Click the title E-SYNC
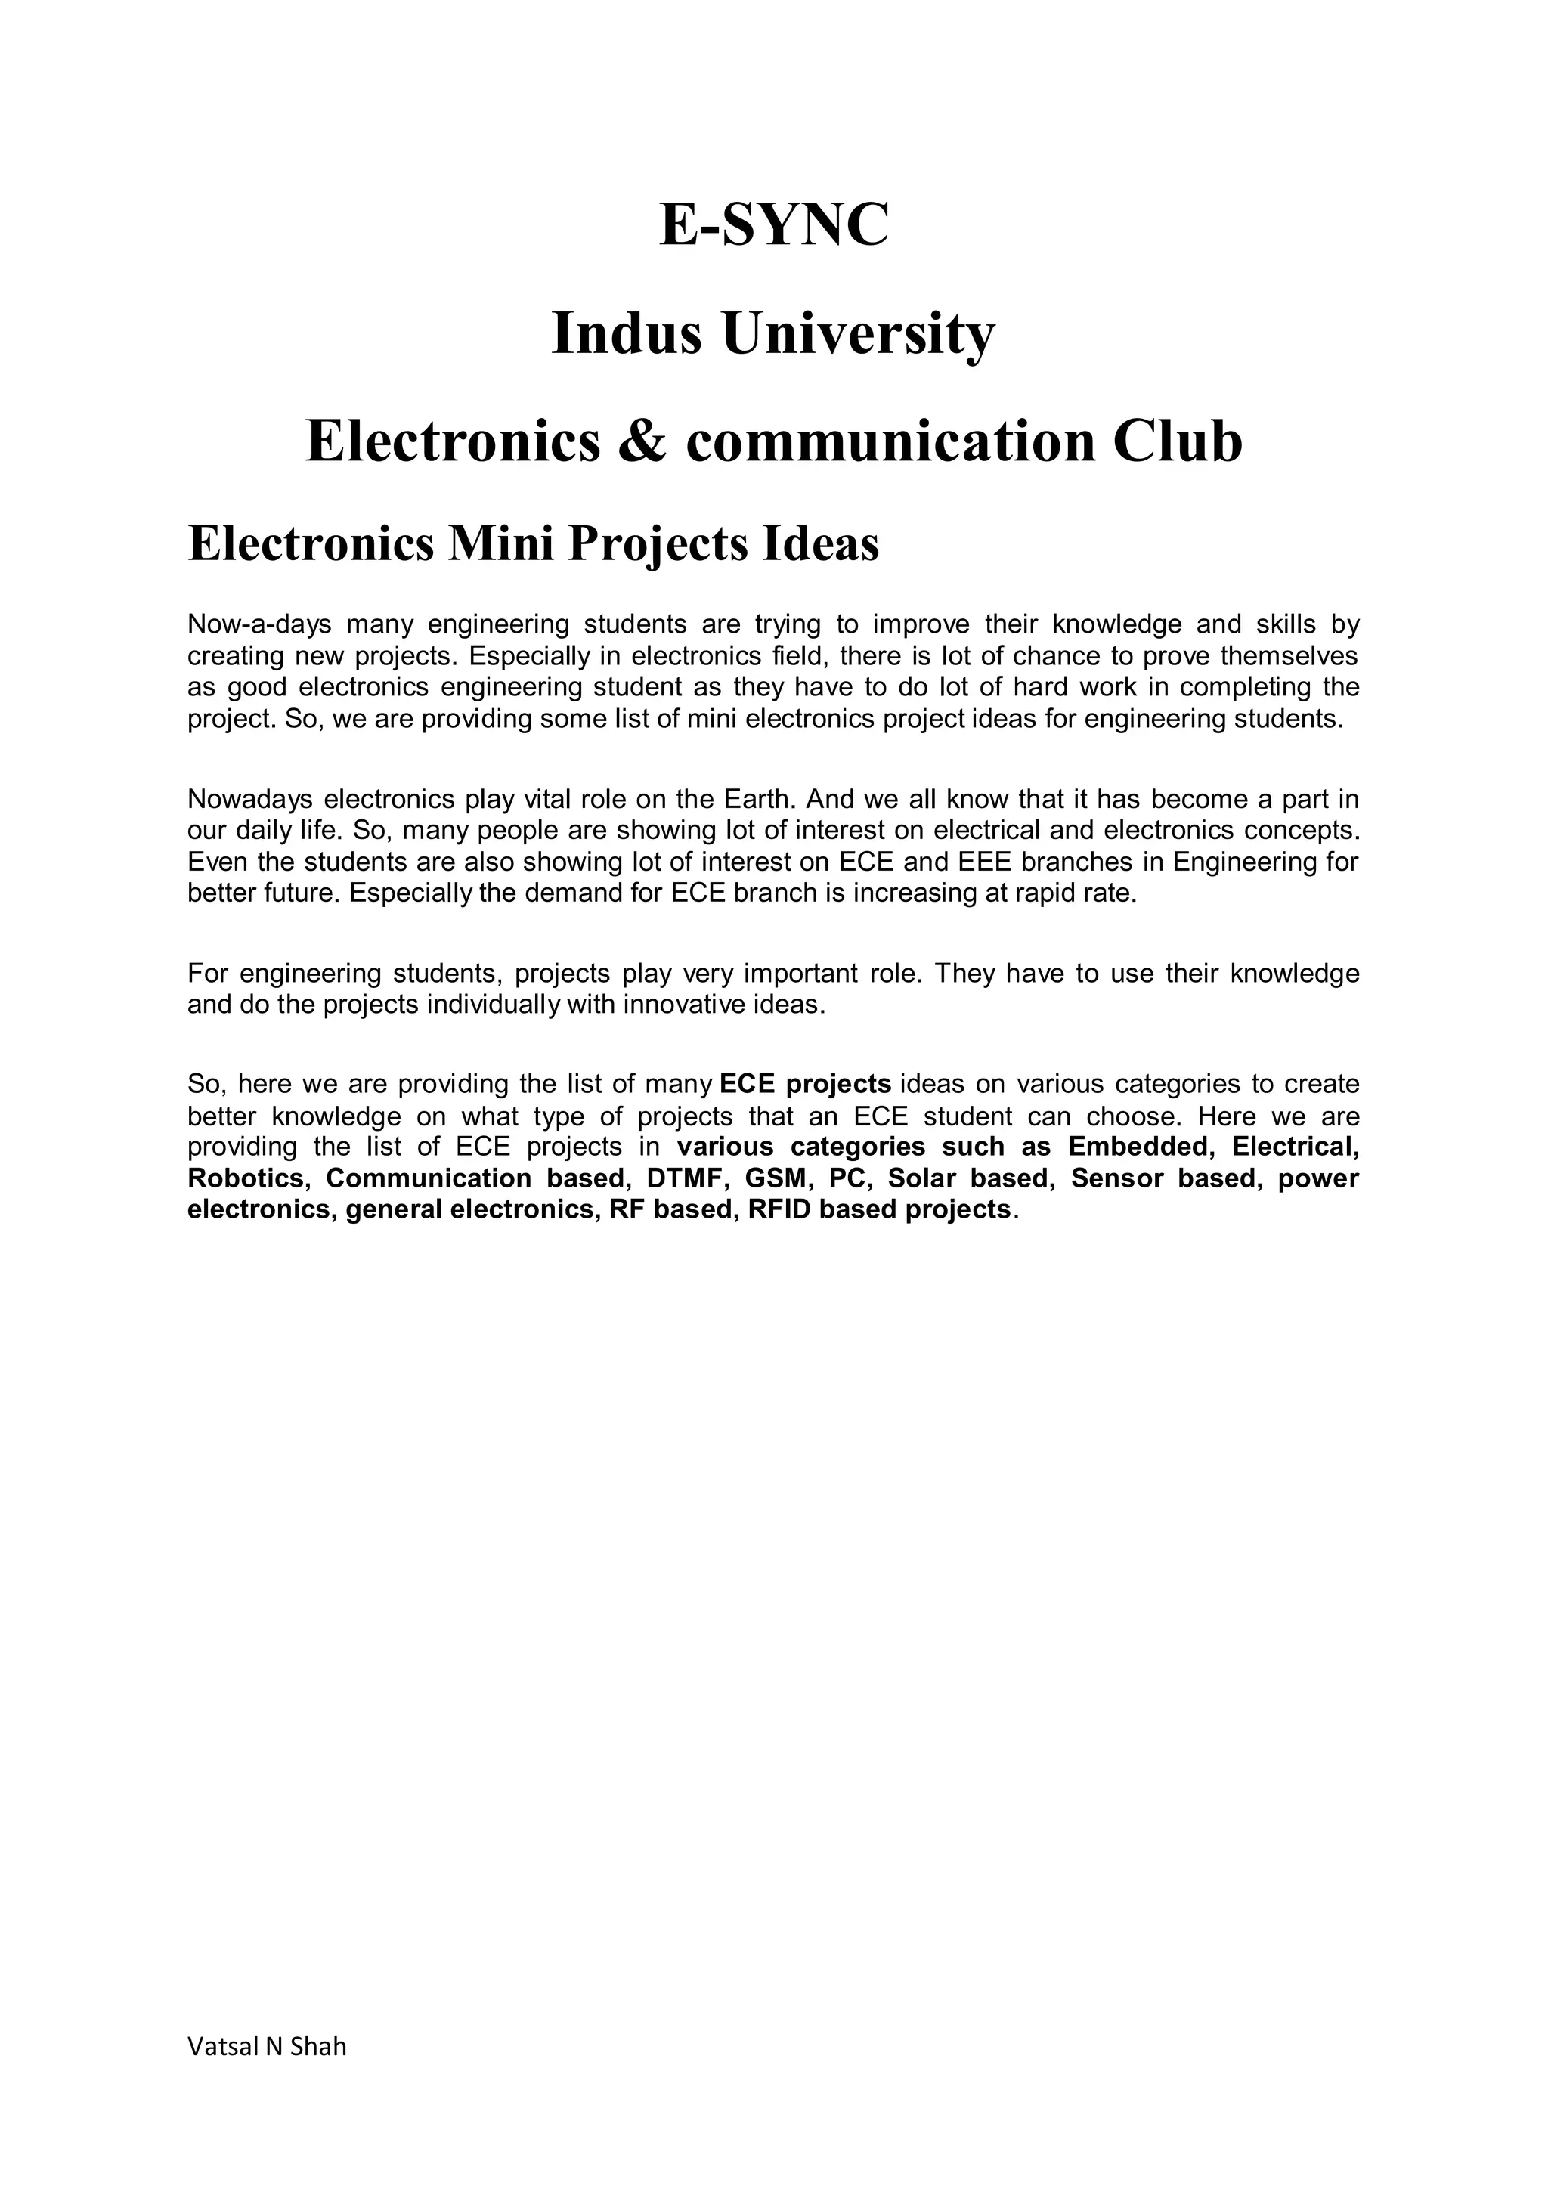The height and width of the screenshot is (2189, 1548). [x=773, y=226]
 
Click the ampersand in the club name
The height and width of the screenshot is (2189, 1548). [x=642, y=441]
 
